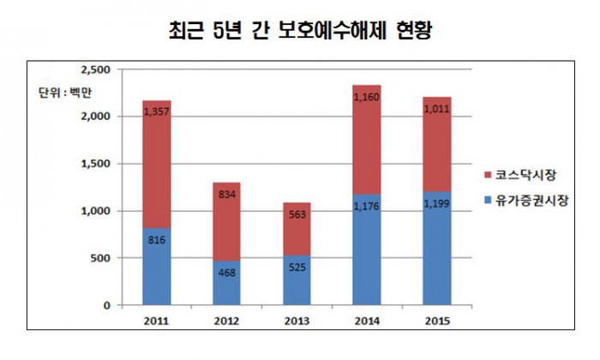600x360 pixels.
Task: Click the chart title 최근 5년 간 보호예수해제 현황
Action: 300,31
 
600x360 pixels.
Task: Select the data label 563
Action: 296,215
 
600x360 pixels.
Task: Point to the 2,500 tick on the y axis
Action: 95,69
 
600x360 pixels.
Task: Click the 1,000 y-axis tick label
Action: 95,211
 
